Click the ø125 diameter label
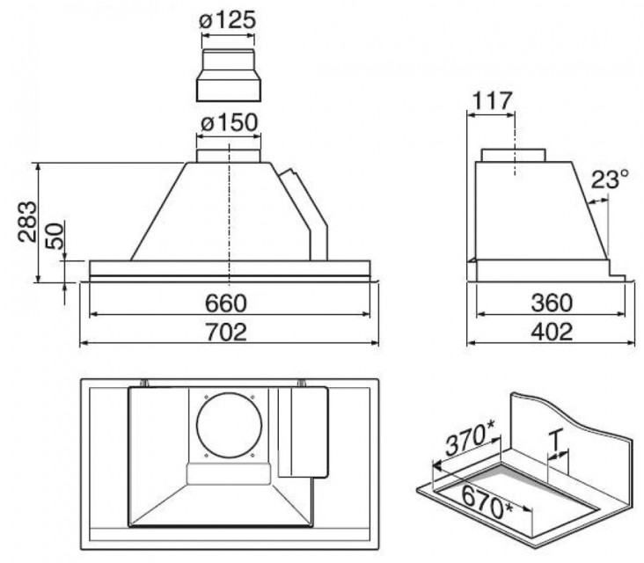point(228,20)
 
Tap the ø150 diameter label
point(229,123)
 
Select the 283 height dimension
point(27,223)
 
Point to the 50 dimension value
point(55,236)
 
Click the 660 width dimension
point(226,303)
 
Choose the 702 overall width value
point(226,332)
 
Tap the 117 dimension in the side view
point(493,101)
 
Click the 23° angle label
point(610,179)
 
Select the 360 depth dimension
point(551,303)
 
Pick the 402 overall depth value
point(552,332)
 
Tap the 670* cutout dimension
point(487,502)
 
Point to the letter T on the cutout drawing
point(555,441)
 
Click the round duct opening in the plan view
point(229,425)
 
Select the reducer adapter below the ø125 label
point(229,76)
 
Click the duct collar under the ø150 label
point(229,156)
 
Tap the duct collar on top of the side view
point(514,155)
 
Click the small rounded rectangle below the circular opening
point(229,474)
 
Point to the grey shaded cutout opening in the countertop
point(516,498)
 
